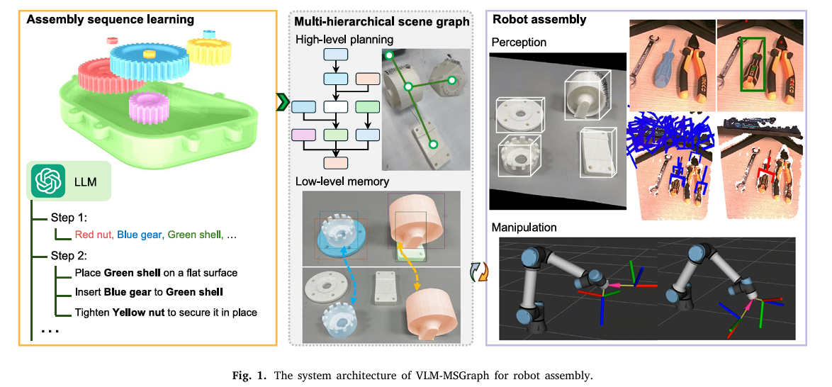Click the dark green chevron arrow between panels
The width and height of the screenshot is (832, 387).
coord(283,103)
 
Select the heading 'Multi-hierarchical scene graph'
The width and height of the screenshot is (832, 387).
coord(382,22)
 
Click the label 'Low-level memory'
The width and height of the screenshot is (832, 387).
coord(342,181)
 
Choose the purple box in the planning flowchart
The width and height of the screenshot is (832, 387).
coord(303,134)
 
